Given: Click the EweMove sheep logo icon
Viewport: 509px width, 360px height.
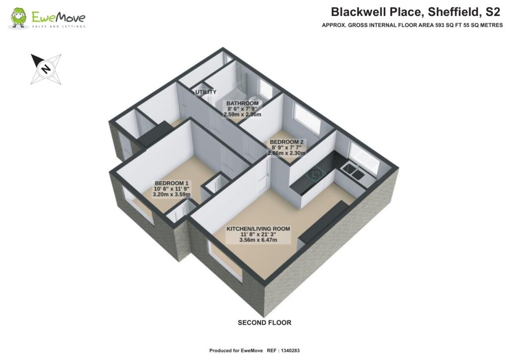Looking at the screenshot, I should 19,18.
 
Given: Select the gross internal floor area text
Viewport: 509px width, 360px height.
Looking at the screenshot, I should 412,25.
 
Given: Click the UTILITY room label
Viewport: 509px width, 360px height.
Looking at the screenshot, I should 206,92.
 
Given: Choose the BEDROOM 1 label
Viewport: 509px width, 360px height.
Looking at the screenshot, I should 172,182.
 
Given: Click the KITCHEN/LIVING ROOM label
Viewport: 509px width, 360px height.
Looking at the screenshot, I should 258,229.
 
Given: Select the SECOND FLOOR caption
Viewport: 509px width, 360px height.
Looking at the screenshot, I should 264,323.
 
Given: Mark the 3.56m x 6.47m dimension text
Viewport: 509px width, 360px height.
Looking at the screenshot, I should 258,241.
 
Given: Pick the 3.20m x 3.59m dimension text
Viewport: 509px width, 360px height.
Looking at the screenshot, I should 172,194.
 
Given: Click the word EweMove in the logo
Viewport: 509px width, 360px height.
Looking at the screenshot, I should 58,16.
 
